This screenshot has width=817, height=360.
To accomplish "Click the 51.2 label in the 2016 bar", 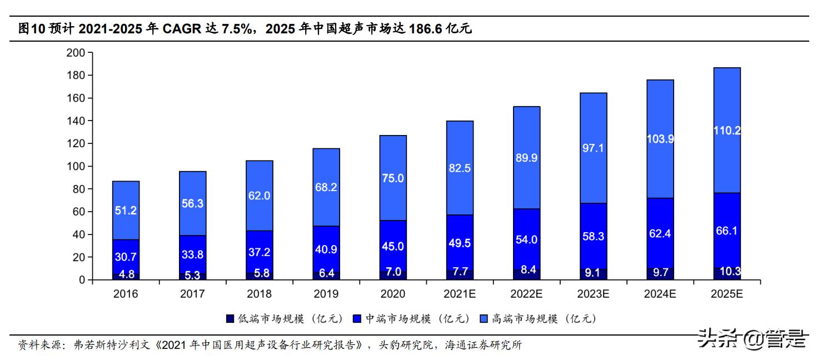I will click(126, 211).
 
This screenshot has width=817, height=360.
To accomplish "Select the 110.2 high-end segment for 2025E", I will click(726, 131).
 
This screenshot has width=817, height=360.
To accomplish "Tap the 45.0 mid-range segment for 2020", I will click(392, 247).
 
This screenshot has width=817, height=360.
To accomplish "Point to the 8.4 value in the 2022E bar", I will click(526, 271).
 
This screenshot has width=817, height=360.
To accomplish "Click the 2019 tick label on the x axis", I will click(326, 294).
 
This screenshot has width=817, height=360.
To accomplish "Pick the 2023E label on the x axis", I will click(593, 294).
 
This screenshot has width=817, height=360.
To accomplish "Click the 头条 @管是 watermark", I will click(751, 338).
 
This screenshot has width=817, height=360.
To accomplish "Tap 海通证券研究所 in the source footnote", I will click(483, 345).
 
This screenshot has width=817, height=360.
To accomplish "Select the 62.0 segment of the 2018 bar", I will click(259, 196).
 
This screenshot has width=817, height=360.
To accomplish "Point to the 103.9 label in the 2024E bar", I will click(660, 139).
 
